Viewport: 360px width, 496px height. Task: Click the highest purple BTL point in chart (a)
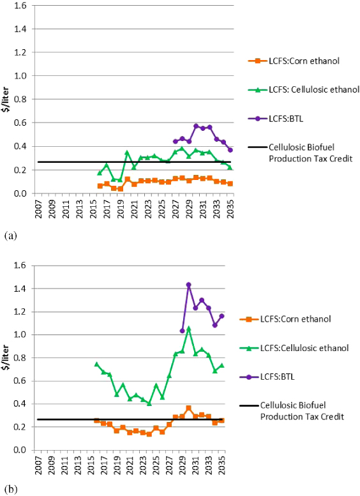click(x=196, y=126)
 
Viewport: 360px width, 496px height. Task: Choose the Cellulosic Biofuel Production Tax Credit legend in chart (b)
click(x=301, y=410)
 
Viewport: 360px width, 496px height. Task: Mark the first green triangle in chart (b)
click(x=97, y=364)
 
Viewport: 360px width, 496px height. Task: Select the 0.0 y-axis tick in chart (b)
click(x=22, y=450)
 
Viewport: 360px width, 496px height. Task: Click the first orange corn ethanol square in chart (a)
click(x=100, y=186)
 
